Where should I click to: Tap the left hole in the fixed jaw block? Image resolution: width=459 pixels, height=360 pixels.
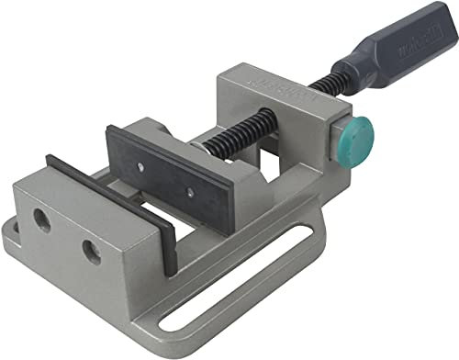pos(40,218)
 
